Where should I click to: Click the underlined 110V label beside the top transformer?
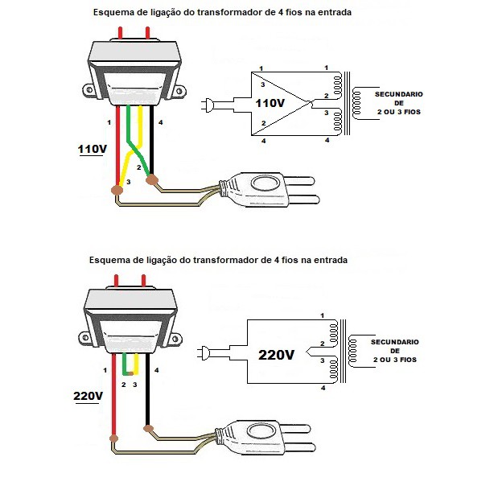93,150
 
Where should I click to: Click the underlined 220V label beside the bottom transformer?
89,397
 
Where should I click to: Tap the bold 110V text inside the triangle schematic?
270,104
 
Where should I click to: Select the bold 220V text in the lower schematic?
276,353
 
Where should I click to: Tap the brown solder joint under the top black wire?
151,180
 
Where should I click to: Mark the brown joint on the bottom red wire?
115,439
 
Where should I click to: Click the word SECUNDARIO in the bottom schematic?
394,342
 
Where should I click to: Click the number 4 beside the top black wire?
161,122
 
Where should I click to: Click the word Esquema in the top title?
113,14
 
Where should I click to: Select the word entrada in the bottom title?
330,261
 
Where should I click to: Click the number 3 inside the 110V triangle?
261,84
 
